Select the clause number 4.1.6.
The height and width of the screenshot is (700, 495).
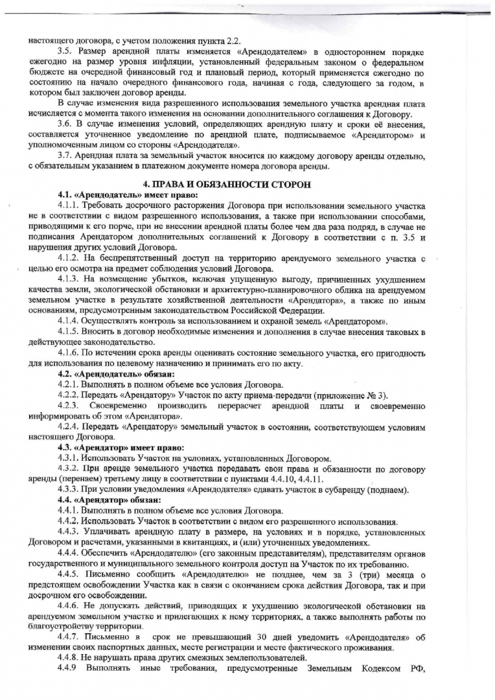69,353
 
